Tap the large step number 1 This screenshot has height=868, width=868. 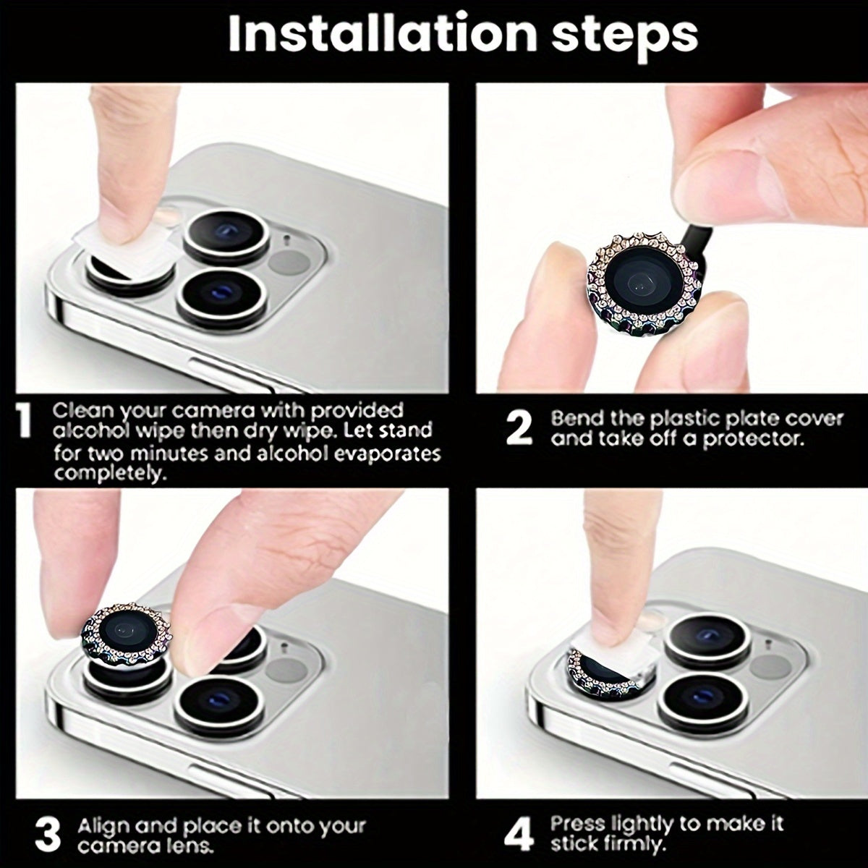coord(23,422)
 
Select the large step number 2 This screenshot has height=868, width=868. coord(519,430)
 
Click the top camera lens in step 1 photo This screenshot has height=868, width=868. coord(226,234)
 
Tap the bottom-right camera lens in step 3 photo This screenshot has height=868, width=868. coord(219,704)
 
